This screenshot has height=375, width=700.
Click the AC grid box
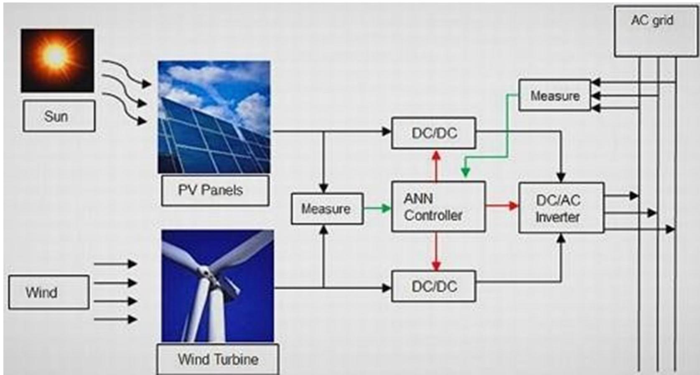click(652, 31)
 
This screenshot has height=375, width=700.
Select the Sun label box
click(59, 116)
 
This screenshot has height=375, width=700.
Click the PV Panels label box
click(215, 190)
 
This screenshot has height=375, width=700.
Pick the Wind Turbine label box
click(218, 359)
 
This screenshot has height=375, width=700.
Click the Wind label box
click(48, 292)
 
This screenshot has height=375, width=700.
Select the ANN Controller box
click(438, 207)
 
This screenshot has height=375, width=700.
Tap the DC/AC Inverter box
click(561, 208)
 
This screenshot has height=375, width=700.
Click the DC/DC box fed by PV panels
click(433, 133)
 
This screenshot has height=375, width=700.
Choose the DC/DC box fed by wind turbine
click(433, 286)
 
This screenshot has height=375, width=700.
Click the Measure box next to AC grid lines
click(555, 95)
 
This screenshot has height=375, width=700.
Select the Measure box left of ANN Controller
click(327, 208)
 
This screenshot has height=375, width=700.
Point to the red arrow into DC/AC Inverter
click(502, 206)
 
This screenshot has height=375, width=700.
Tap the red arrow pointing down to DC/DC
click(436, 251)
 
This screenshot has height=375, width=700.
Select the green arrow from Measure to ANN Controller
click(377, 208)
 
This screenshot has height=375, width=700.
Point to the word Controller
click(433, 216)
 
